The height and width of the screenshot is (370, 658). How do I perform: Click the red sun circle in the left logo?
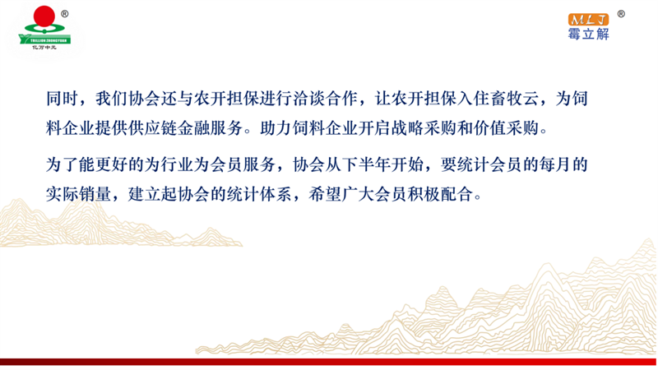pos(44,16)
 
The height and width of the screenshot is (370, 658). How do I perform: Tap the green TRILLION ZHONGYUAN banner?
pos(45,39)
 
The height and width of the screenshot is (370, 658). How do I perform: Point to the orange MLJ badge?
pos(588,19)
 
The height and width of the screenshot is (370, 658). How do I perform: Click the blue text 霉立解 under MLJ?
pos(588,34)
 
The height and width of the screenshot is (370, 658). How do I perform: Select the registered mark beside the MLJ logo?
pos(621,14)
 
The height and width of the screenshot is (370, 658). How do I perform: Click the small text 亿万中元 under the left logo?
pos(44,48)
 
